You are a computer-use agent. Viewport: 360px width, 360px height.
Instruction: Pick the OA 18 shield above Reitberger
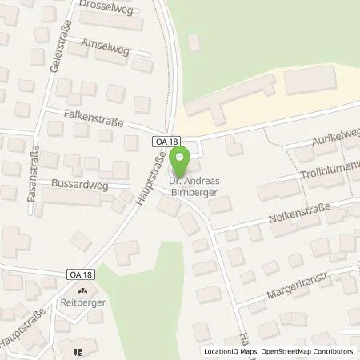click(x=81, y=274)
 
